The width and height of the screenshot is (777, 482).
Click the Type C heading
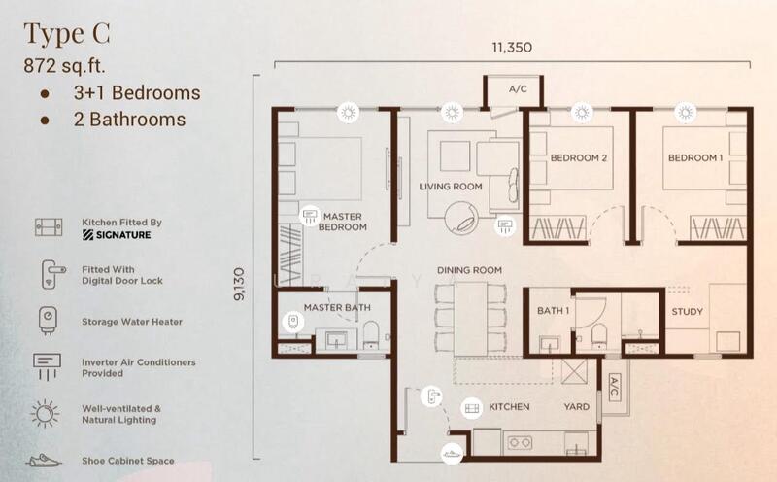pos(67,34)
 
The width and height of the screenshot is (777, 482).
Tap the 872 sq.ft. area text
pos(64,65)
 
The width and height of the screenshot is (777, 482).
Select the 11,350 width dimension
pos(512,47)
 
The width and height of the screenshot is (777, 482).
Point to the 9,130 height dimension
pos(239,284)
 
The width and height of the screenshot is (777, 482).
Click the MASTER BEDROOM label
pos(343,222)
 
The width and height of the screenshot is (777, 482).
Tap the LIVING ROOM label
pos(451,187)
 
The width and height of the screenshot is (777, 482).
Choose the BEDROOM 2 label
pos(578,158)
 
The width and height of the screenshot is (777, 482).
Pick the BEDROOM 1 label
pos(695,158)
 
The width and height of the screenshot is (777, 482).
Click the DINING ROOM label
pos(469,270)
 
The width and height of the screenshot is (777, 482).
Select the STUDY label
pos(688,311)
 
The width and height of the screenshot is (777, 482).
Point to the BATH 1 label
pos(553,311)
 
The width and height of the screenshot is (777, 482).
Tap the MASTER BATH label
pos(337,307)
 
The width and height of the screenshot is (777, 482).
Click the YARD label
pos(576,406)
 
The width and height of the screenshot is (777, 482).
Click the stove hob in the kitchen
pos(519,442)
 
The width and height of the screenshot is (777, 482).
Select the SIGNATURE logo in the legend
pos(117,235)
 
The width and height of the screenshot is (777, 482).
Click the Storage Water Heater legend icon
pos(48,321)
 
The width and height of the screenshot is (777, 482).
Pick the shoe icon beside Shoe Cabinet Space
pos(44,461)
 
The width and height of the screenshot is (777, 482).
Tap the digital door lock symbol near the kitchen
pos(431,396)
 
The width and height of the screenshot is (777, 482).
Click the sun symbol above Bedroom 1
pos(686,113)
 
